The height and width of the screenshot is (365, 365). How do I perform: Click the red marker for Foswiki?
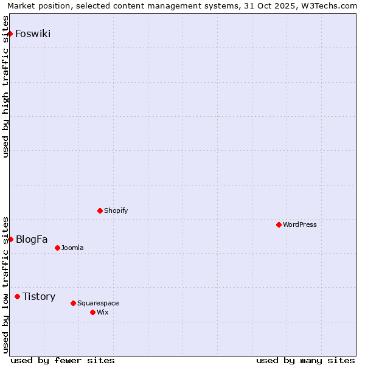[x=10, y=33]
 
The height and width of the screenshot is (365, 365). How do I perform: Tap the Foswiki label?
[x=33, y=33]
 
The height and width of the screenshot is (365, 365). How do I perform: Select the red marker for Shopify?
[x=100, y=210]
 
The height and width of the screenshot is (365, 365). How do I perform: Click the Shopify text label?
[x=116, y=210]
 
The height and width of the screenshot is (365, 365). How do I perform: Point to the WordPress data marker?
[x=279, y=224]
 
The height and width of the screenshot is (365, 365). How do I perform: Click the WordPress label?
[x=299, y=224]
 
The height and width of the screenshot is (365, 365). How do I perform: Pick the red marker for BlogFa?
[x=10, y=239]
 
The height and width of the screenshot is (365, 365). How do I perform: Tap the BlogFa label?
[x=32, y=239]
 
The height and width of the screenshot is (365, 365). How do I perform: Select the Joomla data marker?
[x=57, y=248]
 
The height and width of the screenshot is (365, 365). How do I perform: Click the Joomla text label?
[x=72, y=248]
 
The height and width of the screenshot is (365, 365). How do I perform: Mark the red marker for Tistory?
[x=17, y=296]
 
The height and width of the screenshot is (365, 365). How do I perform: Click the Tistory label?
[x=39, y=296]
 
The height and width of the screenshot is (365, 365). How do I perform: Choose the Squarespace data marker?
[x=73, y=303]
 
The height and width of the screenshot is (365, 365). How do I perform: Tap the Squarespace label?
[x=98, y=303]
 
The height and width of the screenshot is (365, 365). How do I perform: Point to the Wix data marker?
[x=92, y=312]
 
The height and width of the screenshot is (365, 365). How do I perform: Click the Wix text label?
[x=102, y=312]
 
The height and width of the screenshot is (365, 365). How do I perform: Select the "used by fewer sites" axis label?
[x=63, y=360]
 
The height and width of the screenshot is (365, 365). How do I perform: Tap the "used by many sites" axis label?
[x=305, y=360]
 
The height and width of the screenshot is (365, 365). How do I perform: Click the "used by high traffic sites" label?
[x=6, y=86]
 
